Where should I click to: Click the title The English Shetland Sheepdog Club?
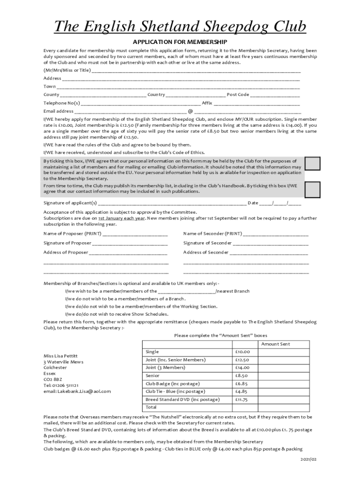(x=180, y=27)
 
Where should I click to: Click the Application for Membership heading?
(x=180, y=42)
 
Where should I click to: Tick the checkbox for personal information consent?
(x=312, y=164)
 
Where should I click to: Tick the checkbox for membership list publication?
(x=312, y=189)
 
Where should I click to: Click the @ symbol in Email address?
(x=190, y=111)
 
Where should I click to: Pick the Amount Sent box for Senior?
(x=277, y=376)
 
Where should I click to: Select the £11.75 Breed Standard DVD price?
(x=242, y=399)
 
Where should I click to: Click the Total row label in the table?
(x=152, y=407)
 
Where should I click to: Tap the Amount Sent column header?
(x=275, y=344)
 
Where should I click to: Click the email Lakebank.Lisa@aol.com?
(x=77, y=391)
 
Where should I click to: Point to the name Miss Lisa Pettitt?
(x=60, y=356)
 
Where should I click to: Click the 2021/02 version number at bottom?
(x=309, y=460)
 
